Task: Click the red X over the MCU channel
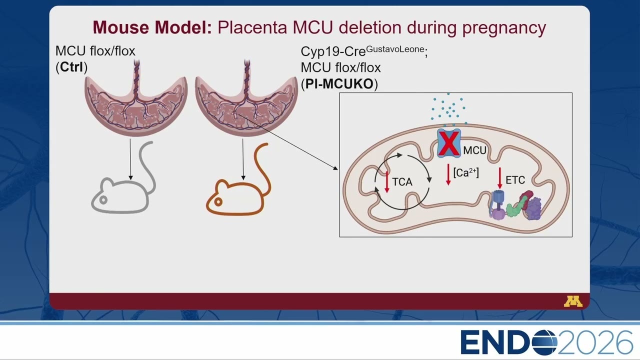[449, 142]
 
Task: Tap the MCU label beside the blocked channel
[474, 150]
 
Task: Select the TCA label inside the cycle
[402, 182]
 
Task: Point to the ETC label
[515, 180]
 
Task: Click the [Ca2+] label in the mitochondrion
[465, 172]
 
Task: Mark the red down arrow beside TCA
[387, 182]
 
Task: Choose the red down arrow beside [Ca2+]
[448, 174]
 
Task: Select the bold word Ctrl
[71, 67]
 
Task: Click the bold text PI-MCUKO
[339, 84]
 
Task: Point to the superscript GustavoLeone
[395, 49]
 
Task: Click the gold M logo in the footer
[573, 301]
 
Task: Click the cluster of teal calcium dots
[448, 110]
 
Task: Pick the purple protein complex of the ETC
[533, 209]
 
